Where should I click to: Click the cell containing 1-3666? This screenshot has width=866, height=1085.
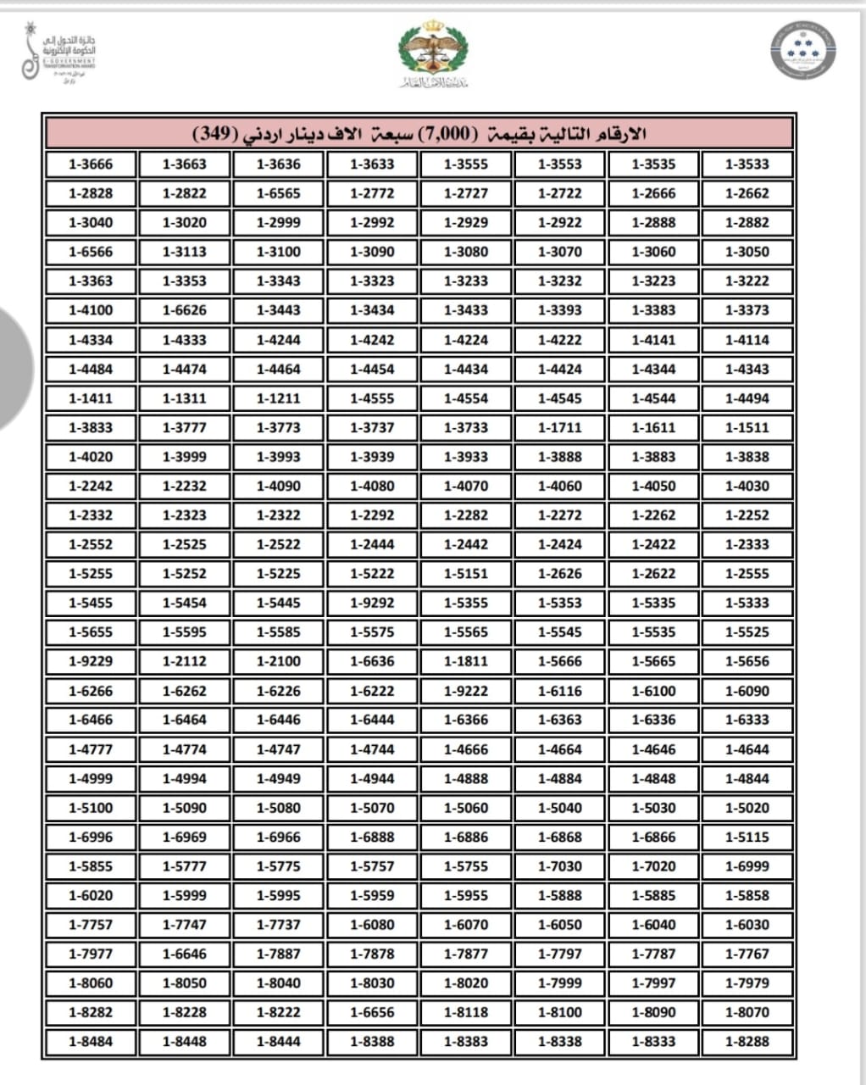pos(91,164)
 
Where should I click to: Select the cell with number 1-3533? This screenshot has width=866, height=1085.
pos(747,164)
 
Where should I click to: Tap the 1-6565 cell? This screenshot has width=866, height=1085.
pos(279,193)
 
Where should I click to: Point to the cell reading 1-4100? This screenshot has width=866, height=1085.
pos(91,310)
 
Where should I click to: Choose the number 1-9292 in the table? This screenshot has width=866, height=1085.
pos(372,603)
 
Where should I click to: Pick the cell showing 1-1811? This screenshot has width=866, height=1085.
pos(466,661)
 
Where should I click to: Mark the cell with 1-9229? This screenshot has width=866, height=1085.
pos(91,661)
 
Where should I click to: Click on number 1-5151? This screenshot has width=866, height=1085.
pos(466,574)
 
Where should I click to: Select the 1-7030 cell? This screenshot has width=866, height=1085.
pos(560,866)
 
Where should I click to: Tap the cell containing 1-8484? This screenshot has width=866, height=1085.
pos(91,1042)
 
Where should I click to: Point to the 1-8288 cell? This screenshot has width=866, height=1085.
pos(747,1042)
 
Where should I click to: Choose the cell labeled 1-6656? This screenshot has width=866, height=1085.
pos(372,1012)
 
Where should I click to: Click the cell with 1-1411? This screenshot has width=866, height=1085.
pos(91,398)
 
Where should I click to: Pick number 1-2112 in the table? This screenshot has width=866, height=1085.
pos(185,661)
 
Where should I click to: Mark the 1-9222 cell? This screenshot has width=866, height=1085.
pos(466,691)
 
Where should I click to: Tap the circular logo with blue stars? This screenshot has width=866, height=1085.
pos(802,50)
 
